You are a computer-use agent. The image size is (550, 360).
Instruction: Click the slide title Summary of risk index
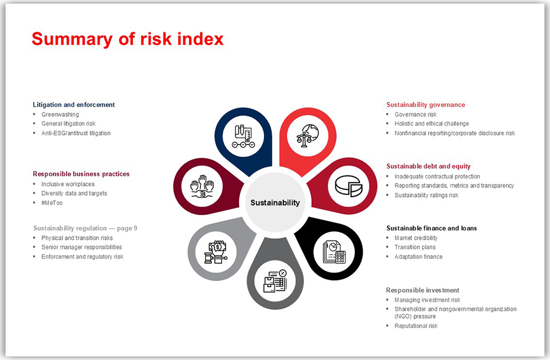click(128, 39)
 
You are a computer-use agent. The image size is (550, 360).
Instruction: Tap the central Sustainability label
click(275, 202)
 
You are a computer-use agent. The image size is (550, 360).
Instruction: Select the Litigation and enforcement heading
click(74, 105)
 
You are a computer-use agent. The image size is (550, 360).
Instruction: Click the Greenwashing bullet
click(60, 114)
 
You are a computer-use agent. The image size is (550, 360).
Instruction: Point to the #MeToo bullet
click(52, 203)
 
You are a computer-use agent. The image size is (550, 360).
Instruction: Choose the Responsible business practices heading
click(81, 174)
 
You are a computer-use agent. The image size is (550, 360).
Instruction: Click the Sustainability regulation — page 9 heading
click(85, 228)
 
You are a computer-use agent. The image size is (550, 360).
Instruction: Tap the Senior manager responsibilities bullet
click(81, 247)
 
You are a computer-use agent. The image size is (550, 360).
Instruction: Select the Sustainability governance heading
click(425, 105)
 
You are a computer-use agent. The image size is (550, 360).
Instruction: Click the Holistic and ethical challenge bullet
click(432, 124)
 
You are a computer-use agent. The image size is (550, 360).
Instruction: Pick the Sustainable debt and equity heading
click(428, 166)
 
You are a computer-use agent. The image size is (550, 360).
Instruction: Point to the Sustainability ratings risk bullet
click(426, 195)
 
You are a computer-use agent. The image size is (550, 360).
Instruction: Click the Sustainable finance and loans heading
click(432, 228)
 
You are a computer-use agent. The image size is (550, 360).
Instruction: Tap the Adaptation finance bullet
click(418, 257)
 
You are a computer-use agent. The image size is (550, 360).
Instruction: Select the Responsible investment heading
click(422, 290)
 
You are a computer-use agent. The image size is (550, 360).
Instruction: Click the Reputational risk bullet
click(416, 326)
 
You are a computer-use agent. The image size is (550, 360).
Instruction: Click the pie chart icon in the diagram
click(348, 186)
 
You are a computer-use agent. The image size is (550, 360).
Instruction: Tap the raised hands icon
click(202, 186)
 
